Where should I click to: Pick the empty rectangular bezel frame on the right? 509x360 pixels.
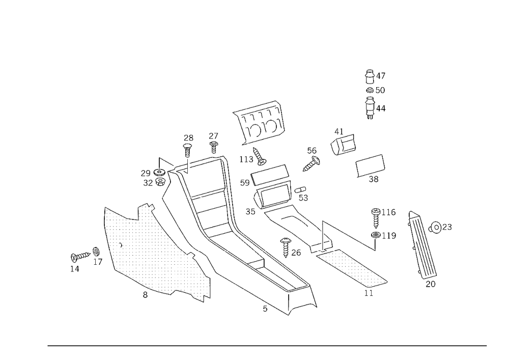click(371, 166)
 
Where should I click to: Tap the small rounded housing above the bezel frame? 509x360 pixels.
click(342, 144)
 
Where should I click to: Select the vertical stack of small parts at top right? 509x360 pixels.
click(375, 94)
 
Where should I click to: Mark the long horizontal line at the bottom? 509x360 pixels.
click(267, 345)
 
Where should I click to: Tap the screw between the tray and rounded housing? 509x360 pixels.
click(312, 158)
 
